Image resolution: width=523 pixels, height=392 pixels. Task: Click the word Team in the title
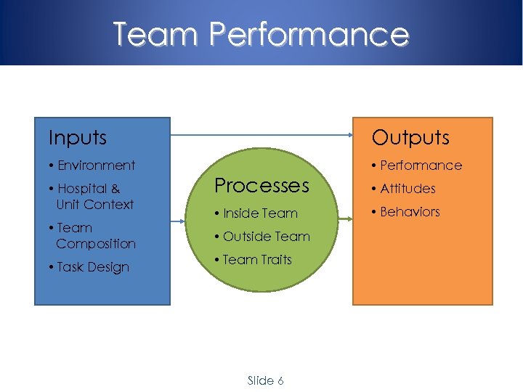pyautogui.click(x=154, y=34)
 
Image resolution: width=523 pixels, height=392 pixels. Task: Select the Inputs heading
pyautogui.click(x=77, y=137)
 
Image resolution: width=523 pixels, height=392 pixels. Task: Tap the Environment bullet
pyautogui.click(x=92, y=166)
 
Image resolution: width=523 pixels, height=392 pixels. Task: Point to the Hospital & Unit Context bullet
pyautogui.click(x=92, y=196)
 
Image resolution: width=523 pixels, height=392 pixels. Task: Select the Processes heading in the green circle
pyautogui.click(x=261, y=185)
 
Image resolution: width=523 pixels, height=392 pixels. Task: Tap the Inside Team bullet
pyautogui.click(x=256, y=213)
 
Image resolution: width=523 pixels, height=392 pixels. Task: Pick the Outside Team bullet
pyautogui.click(x=262, y=237)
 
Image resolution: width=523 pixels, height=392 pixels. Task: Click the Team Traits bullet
pyautogui.click(x=254, y=260)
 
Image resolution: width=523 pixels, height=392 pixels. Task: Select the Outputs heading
pyautogui.click(x=410, y=137)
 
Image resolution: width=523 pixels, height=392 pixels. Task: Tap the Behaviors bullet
pyautogui.click(x=406, y=212)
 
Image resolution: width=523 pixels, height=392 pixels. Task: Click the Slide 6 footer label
pyautogui.click(x=265, y=380)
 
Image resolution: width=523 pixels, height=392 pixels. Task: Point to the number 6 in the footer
pyautogui.click(x=280, y=380)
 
